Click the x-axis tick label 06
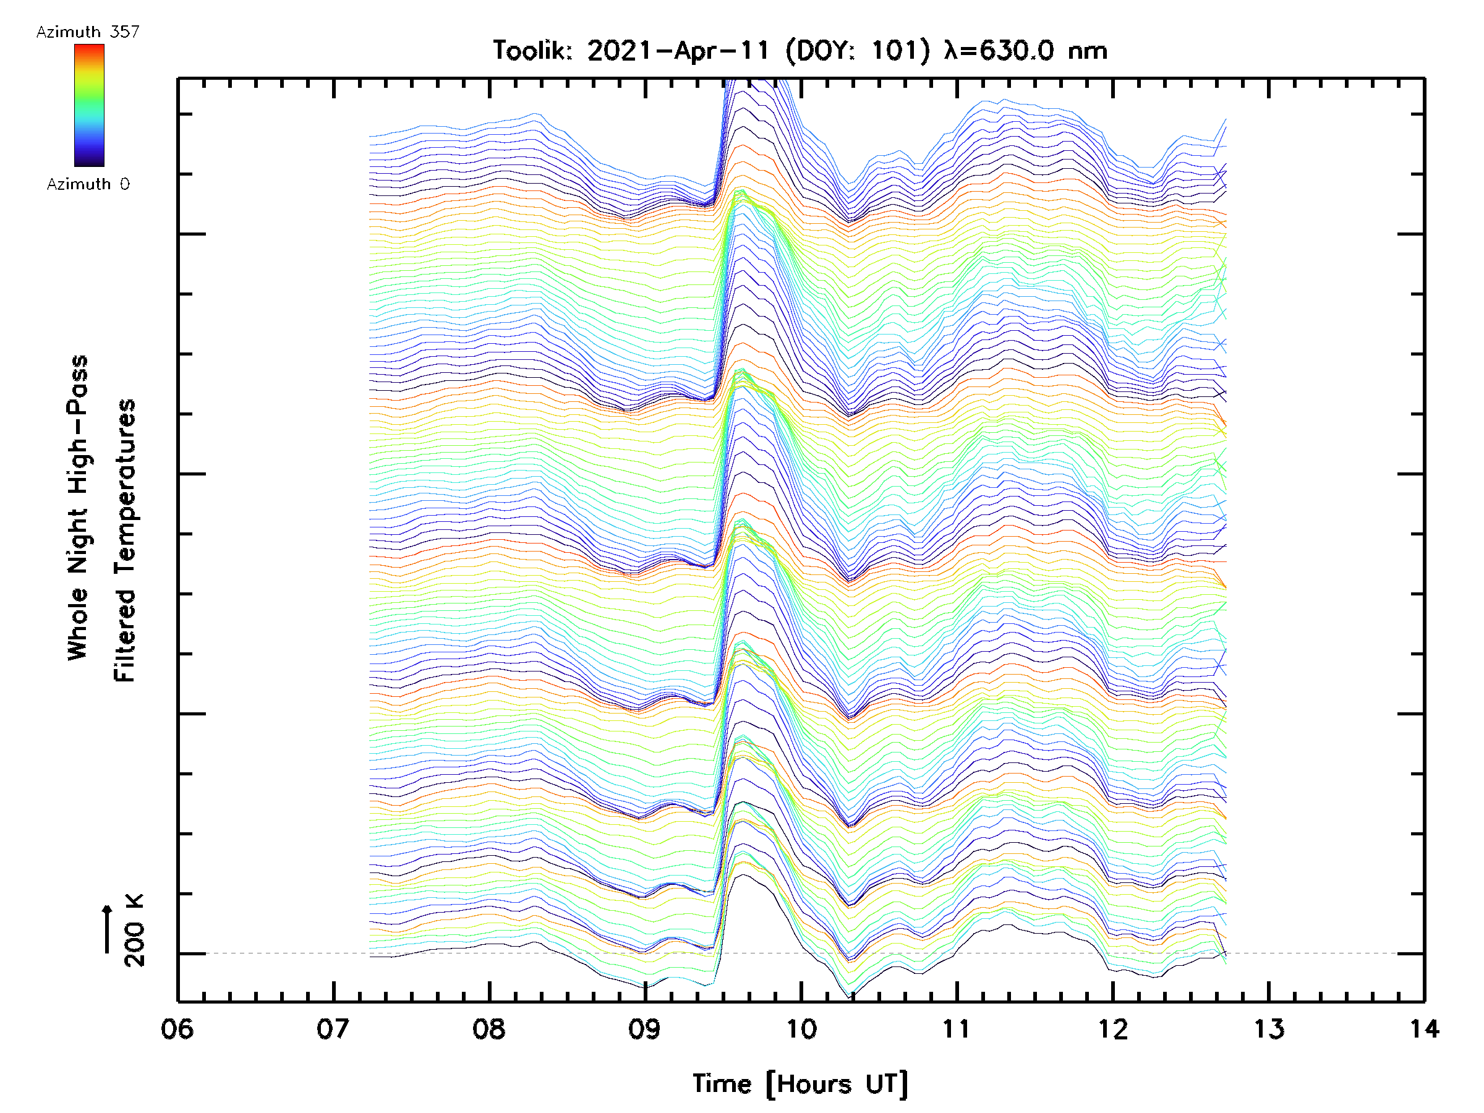pos(177,1029)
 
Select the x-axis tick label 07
pos(333,1029)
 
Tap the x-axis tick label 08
pos(489,1029)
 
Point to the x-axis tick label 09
pos(645,1029)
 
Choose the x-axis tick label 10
pos(801,1029)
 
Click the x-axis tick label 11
pos(957,1029)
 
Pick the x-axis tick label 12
pos(1113,1029)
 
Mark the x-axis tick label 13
pos(1269,1029)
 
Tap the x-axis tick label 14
pos(1423,1029)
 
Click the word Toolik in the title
pos(531,51)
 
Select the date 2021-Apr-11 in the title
pos(678,51)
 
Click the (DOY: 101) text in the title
pos(858,51)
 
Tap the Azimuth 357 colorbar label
pos(88,32)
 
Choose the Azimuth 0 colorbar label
pos(88,184)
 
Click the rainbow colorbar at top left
pos(89,105)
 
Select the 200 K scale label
pos(135,930)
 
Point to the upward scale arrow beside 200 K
pos(108,929)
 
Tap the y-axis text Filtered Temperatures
pos(125,541)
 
